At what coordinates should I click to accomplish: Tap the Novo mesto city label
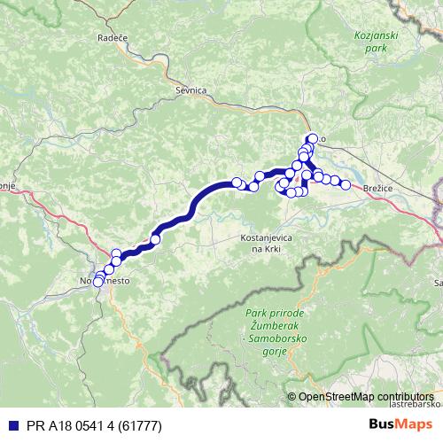pos(105,280)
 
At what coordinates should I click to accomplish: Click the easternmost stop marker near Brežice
pos(346,185)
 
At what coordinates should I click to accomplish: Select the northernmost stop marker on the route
pos(312,138)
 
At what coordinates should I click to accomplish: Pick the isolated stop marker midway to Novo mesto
pos(155,239)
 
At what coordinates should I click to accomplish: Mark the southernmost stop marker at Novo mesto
pos(98,283)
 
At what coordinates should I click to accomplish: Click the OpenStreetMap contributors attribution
pos(366,397)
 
